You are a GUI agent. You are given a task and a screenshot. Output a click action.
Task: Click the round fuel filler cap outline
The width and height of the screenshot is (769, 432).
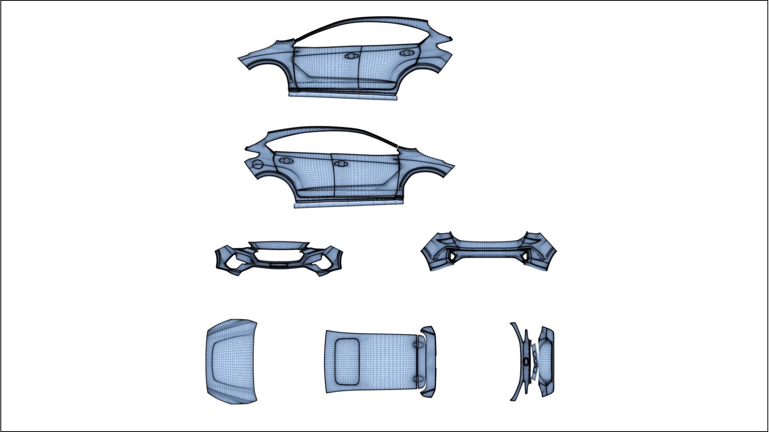pos(257,164)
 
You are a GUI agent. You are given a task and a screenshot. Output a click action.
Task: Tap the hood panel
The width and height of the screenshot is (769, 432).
pos(232,361)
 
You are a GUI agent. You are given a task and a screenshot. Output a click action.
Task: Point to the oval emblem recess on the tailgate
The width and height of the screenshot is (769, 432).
pos(526,362)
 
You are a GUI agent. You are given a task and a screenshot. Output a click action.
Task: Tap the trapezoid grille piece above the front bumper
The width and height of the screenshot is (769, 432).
pos(278,245)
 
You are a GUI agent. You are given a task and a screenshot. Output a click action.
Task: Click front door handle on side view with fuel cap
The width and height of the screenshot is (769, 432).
pos(340,164)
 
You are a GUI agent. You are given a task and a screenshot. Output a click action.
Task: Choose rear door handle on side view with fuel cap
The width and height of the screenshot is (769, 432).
pos(286,160)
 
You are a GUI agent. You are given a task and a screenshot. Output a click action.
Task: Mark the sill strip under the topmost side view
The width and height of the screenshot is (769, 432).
pos(343,95)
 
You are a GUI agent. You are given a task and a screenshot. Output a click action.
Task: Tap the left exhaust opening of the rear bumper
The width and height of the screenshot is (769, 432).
pos(452,255)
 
